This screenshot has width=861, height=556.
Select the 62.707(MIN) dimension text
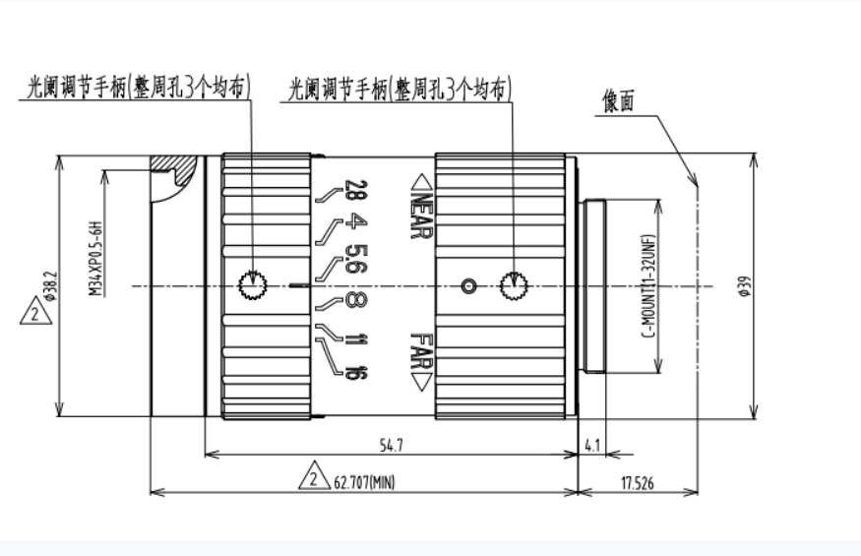tap(364, 482)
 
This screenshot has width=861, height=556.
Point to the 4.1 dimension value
tap(592, 445)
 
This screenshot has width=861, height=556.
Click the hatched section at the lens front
tap(174, 173)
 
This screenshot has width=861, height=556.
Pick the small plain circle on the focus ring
tap(469, 286)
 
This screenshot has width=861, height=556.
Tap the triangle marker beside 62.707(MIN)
tap(313, 478)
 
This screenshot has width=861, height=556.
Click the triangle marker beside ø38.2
tap(32, 315)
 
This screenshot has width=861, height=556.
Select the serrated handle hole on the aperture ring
tap(253, 286)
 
